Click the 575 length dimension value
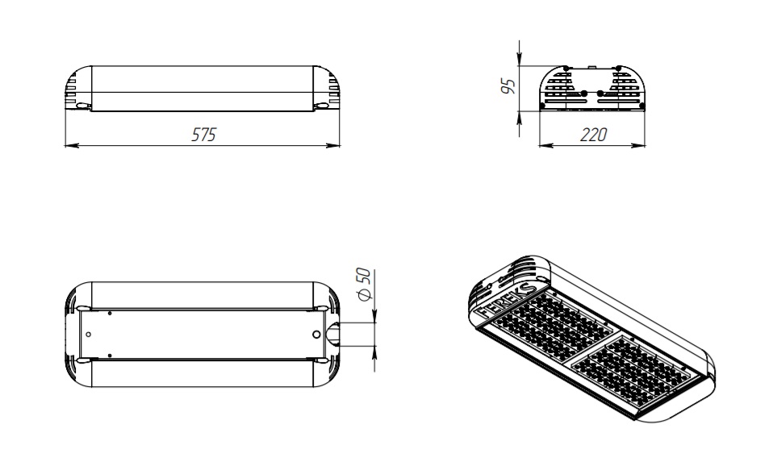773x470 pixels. (203, 135)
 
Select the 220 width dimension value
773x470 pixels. (594, 135)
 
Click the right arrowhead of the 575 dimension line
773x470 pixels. (334, 146)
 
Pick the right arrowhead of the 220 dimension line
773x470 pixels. (645, 146)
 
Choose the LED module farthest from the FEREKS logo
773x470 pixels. (637, 371)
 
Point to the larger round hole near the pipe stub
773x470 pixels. (316, 334)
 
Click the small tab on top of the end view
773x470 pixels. (591, 62)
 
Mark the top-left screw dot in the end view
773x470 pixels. (566, 69)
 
